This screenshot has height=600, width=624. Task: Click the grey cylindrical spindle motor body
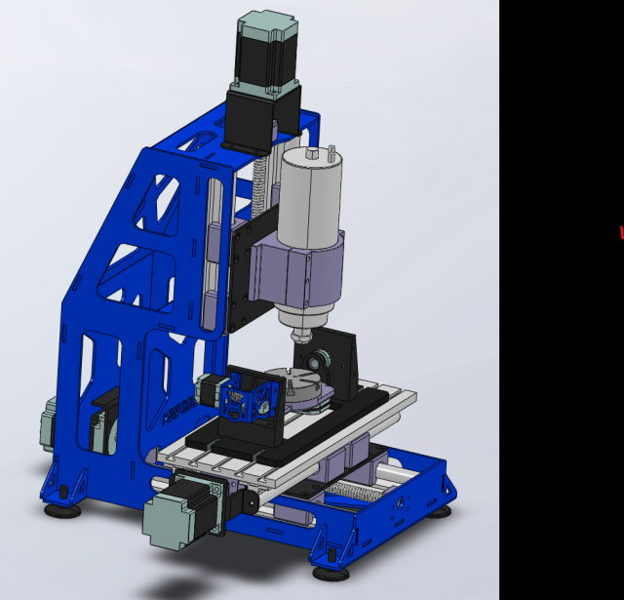309,200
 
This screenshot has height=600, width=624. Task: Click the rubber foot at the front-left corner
62,505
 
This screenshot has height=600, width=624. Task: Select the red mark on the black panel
621,232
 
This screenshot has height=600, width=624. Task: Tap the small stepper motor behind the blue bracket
209,389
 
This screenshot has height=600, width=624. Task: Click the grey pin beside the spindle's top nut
333,151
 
